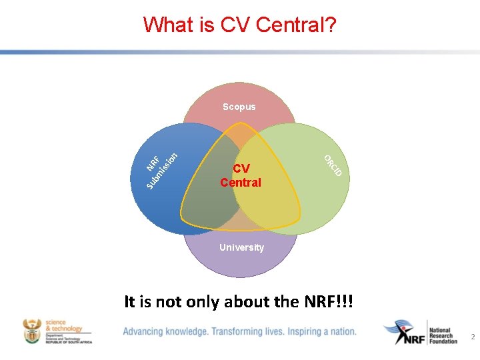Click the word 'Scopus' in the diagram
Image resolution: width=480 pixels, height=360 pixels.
click(239, 107)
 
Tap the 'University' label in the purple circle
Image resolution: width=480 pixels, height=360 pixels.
click(241, 247)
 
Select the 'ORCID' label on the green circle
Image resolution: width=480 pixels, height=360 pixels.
click(333, 166)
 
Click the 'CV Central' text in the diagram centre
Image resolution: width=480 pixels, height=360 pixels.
click(241, 175)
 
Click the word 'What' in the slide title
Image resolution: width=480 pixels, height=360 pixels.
click(167, 25)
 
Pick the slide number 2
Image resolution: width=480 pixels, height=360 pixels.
click(473, 337)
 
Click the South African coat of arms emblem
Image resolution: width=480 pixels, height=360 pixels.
click(32, 331)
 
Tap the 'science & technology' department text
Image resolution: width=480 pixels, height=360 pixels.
click(64, 325)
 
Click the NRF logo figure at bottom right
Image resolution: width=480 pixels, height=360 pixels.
click(403, 332)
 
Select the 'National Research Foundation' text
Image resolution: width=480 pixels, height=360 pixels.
click(444, 335)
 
